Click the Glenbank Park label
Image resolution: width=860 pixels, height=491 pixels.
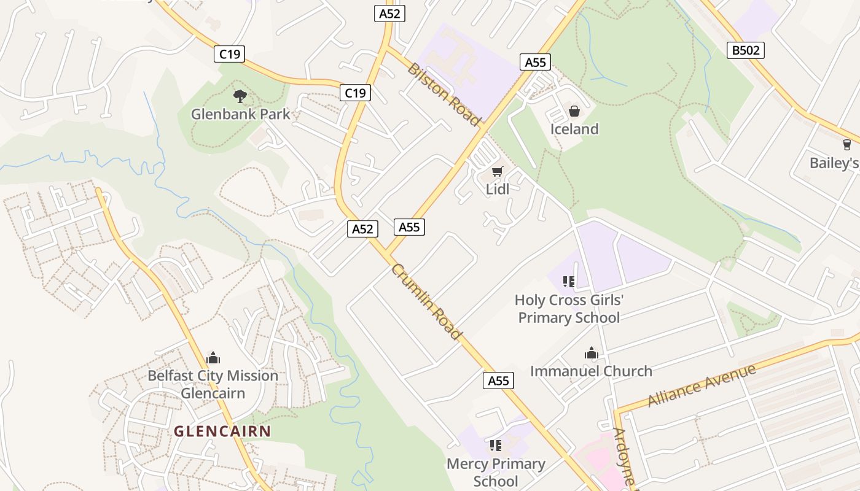[x=240, y=114]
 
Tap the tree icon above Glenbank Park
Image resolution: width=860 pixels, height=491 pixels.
[x=240, y=96]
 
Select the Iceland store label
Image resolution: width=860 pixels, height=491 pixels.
[x=574, y=129]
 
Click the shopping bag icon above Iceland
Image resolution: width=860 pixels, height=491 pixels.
[x=574, y=111]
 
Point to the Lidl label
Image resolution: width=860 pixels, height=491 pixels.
[x=497, y=190]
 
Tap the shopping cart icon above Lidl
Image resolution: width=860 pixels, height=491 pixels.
[x=497, y=171]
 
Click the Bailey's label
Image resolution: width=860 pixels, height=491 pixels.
[x=834, y=163]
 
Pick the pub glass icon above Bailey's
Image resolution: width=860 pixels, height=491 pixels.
[x=847, y=145]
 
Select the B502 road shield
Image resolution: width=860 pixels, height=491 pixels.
[x=746, y=50]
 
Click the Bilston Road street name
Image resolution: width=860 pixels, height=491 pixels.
[x=443, y=95]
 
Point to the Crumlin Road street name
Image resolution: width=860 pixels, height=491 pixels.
[x=426, y=301]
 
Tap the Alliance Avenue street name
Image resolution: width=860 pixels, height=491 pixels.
[x=702, y=385]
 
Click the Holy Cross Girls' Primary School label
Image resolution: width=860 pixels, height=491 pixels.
[x=569, y=309]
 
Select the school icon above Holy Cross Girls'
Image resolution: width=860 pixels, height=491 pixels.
[x=568, y=282]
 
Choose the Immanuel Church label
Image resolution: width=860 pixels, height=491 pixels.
[x=591, y=371]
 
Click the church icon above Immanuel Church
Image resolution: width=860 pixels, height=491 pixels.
[x=591, y=353]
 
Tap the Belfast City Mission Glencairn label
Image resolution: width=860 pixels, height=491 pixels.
[x=213, y=384]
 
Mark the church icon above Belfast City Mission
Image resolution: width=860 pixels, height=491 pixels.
[x=213, y=357]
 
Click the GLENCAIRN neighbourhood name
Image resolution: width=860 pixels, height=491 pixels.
[x=222, y=431]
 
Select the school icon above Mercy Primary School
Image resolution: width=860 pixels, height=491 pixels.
[x=496, y=445]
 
